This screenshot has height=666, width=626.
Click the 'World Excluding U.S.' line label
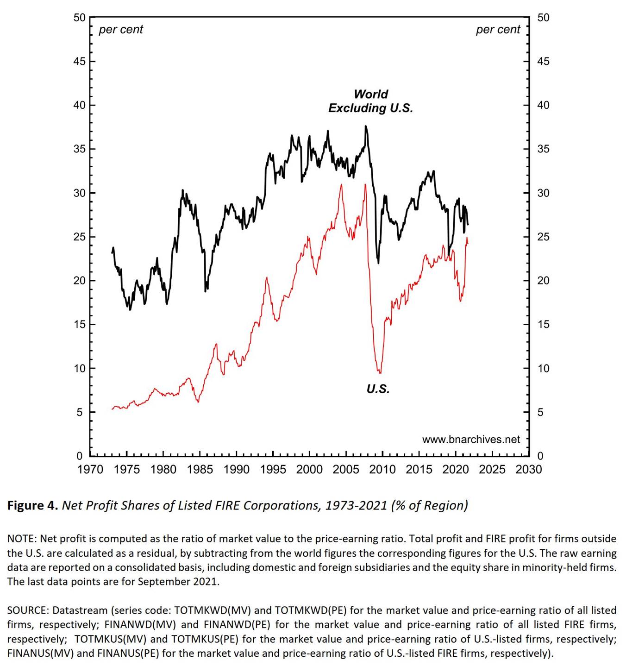(x=370, y=101)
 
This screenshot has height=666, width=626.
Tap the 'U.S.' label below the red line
(x=378, y=389)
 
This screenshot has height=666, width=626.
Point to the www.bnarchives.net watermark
(x=471, y=440)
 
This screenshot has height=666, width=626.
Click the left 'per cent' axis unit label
(x=121, y=30)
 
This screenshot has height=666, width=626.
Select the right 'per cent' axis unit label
(x=498, y=30)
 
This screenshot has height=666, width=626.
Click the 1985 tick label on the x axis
(x=200, y=470)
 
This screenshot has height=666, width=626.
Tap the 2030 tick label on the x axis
(x=528, y=470)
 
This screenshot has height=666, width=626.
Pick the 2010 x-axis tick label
(x=382, y=470)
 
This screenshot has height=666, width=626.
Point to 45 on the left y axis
(x=80, y=62)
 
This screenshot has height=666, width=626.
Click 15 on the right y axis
(x=543, y=325)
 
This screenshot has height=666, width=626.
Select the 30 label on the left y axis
(x=80, y=193)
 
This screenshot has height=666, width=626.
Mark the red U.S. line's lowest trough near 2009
(x=380, y=373)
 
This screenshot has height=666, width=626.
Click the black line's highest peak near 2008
(x=366, y=126)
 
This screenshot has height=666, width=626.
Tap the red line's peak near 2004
(x=341, y=184)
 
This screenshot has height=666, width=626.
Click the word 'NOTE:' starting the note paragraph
(x=22, y=539)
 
